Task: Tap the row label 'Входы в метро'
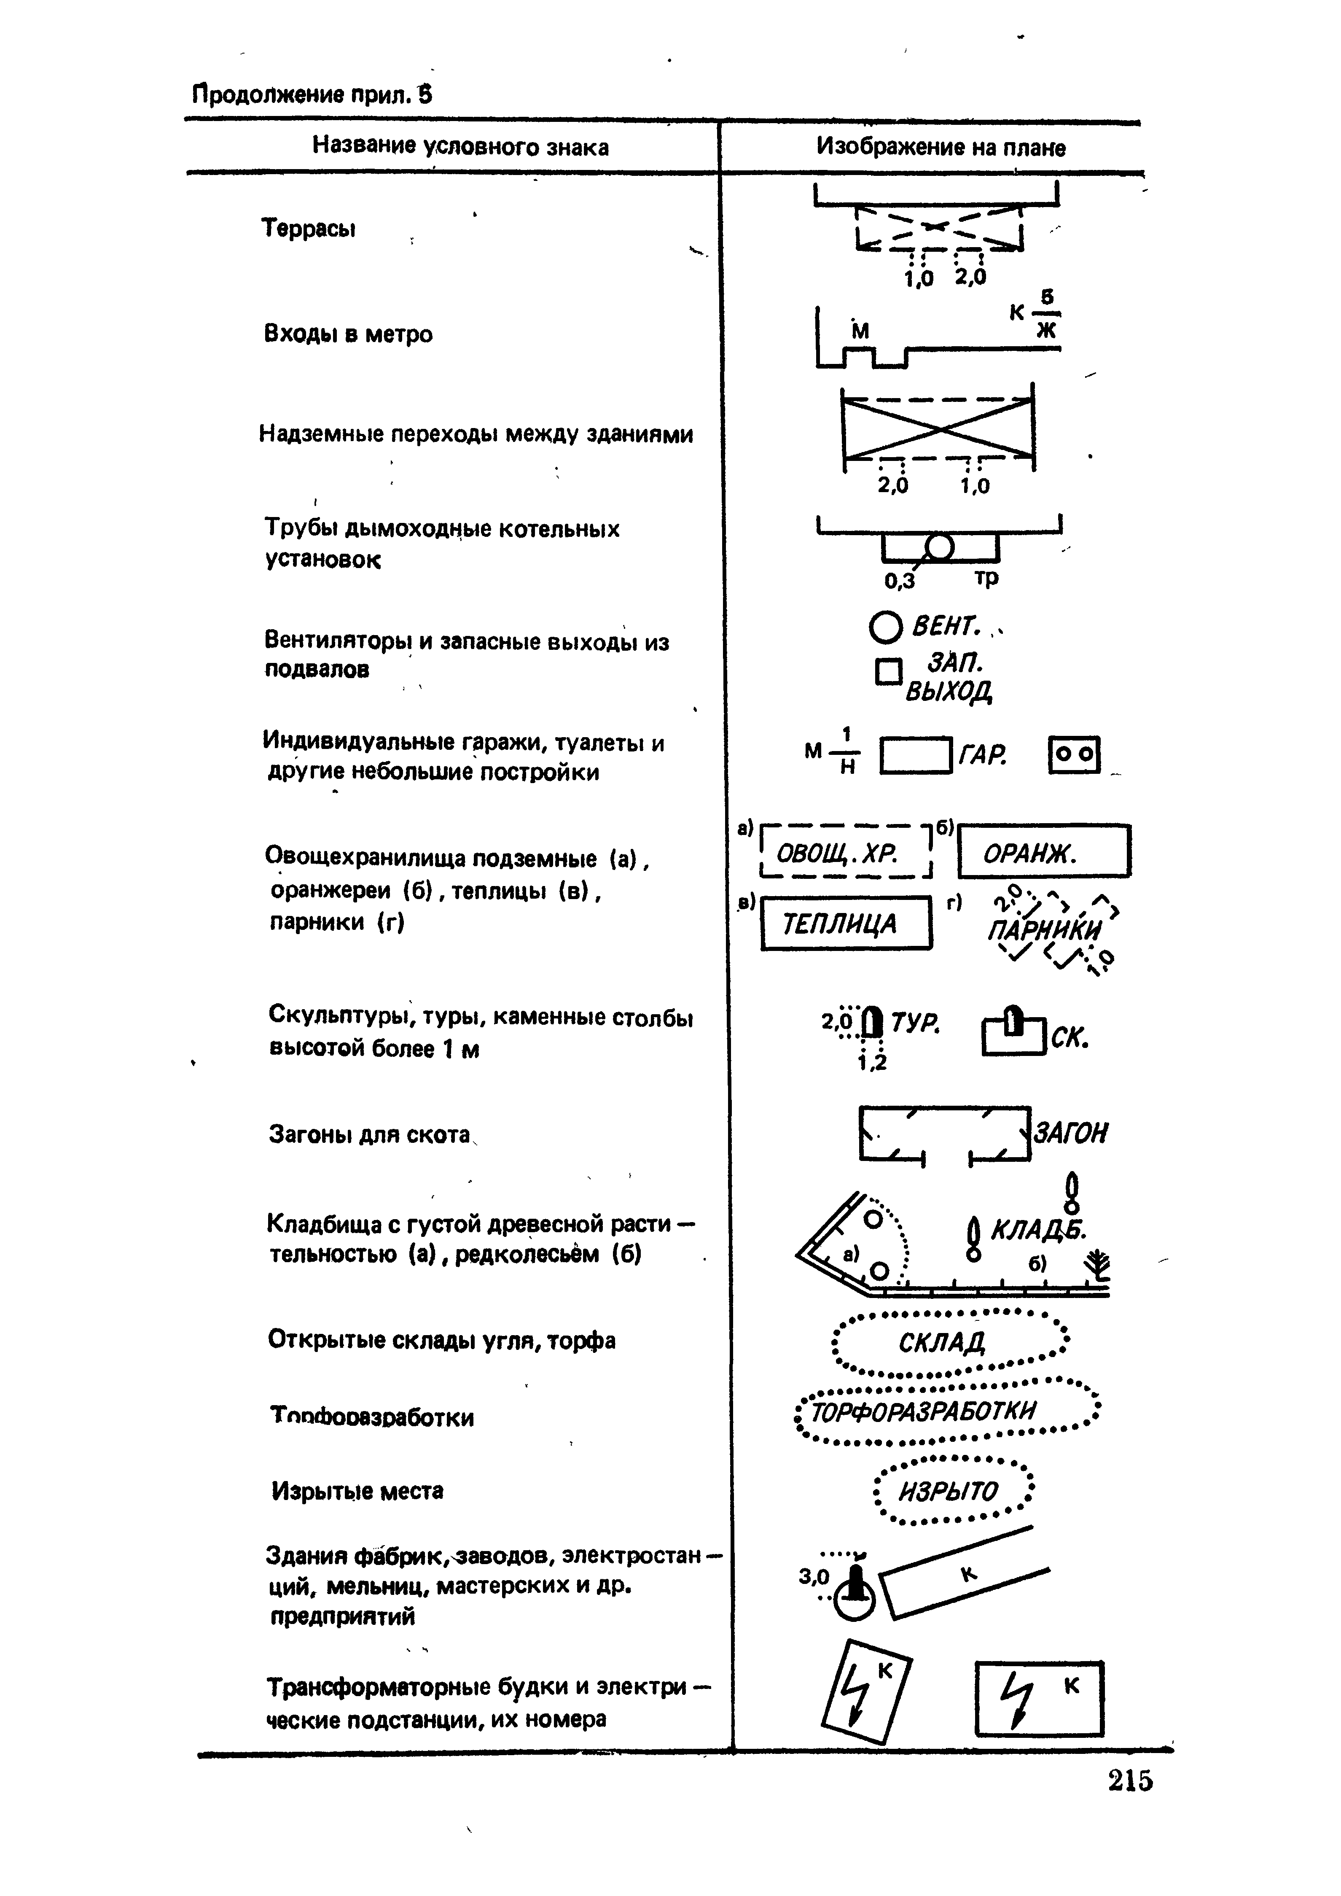click(x=348, y=334)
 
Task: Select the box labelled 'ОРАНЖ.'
click(x=1044, y=851)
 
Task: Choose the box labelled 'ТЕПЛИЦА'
click(x=846, y=923)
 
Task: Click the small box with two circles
click(x=1074, y=755)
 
